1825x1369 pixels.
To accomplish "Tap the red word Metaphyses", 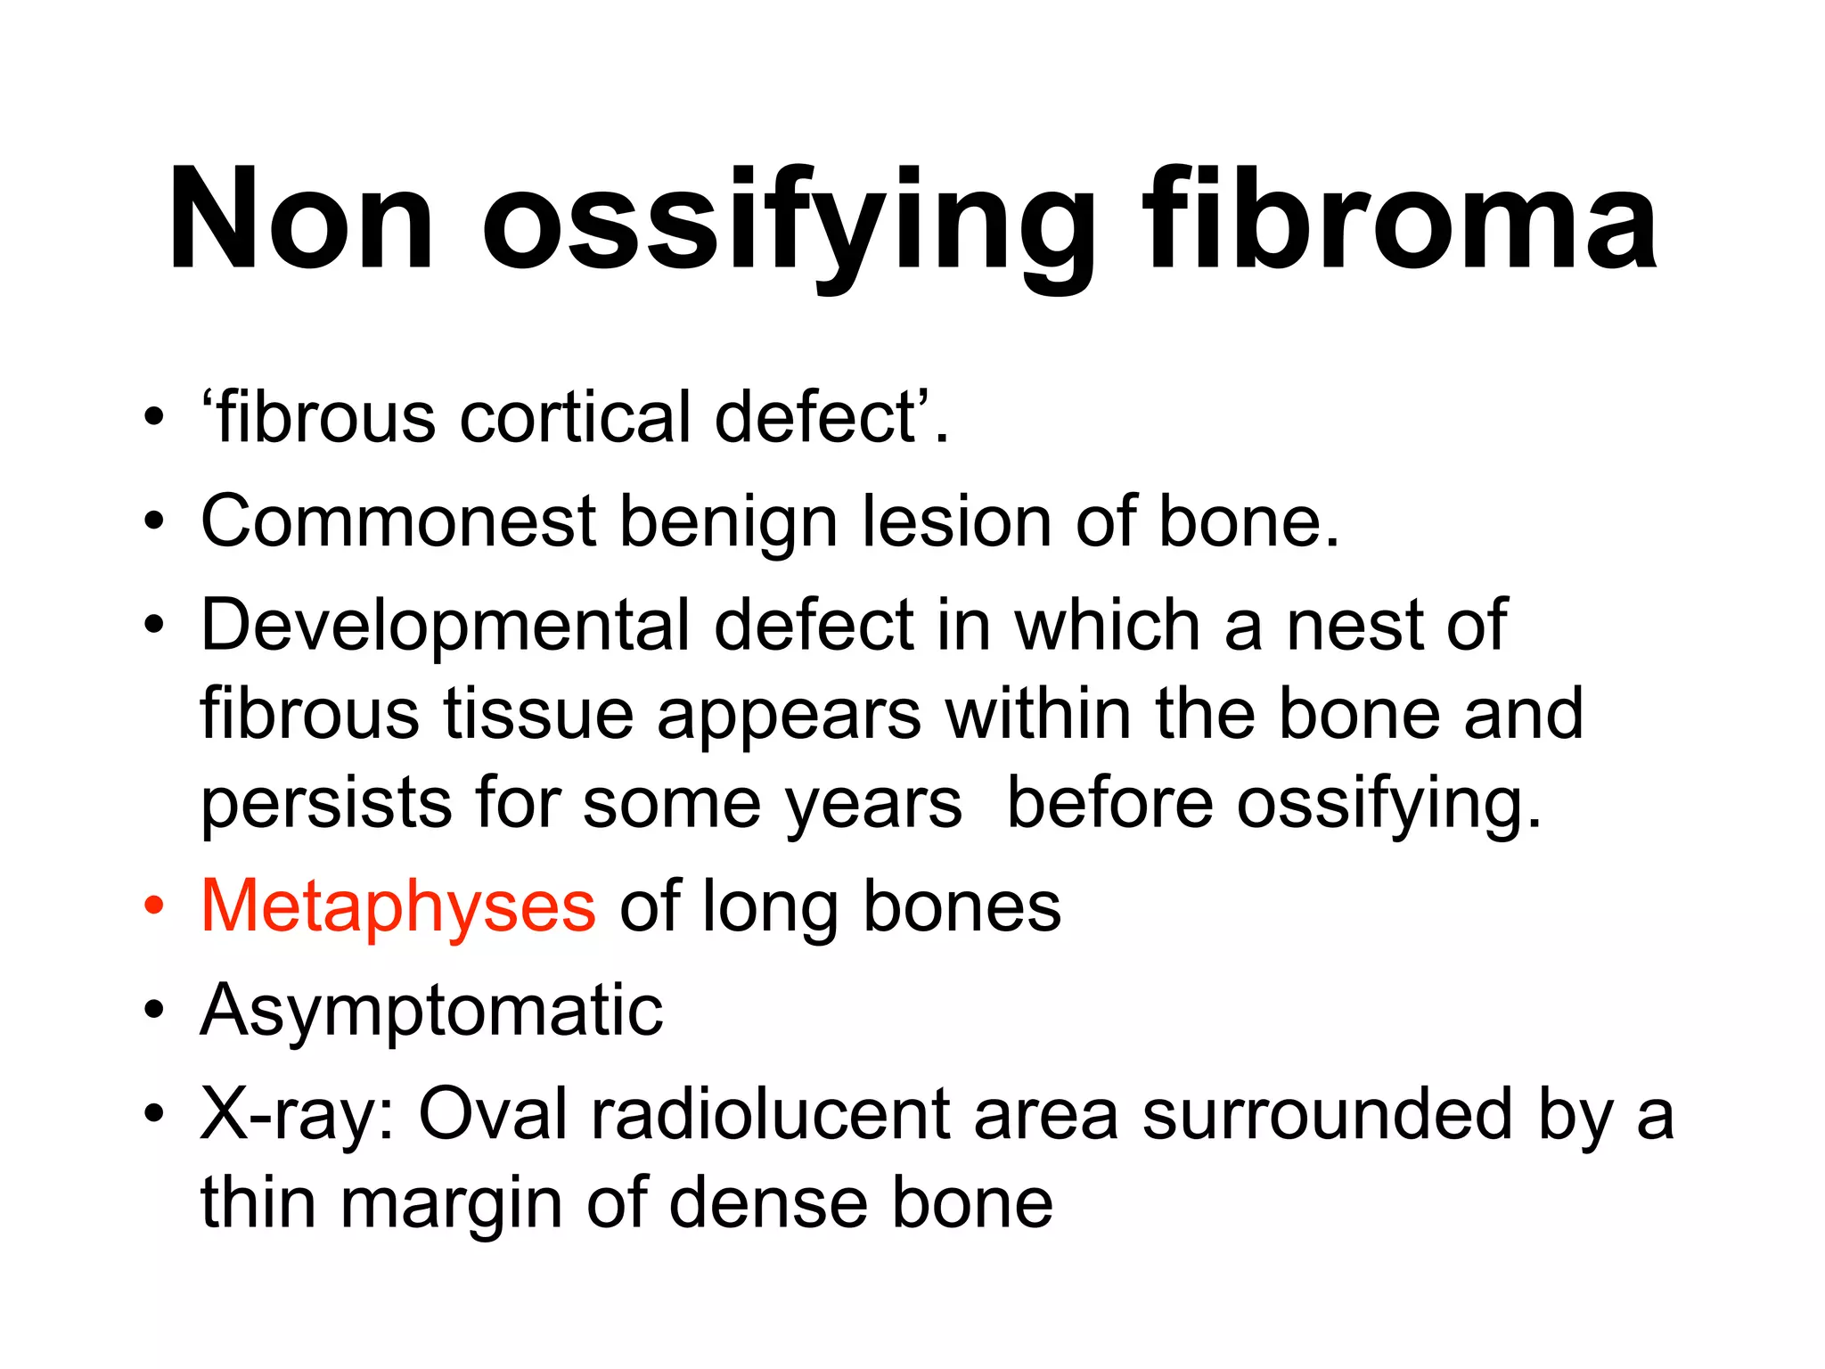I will click(398, 906).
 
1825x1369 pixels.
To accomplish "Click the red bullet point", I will click(154, 906).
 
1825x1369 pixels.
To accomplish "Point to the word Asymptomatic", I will click(432, 1010).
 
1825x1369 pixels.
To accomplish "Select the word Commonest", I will click(398, 521).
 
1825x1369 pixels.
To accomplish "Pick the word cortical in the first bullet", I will click(575, 417).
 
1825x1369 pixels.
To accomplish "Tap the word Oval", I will click(493, 1114).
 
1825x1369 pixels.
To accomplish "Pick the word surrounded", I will click(1328, 1114).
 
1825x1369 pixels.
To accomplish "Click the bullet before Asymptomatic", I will click(154, 1011).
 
